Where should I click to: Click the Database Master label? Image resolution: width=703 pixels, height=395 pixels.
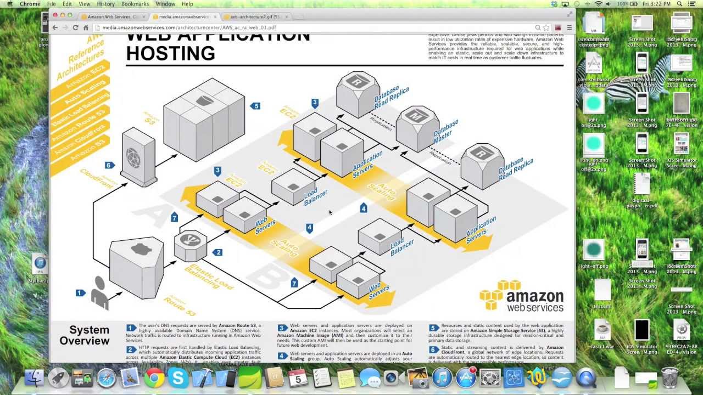coord(446,133)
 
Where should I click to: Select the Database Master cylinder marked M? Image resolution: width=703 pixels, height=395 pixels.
coord(417,128)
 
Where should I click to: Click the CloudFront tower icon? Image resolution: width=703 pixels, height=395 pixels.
coord(138,157)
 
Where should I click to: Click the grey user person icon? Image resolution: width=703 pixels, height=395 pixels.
coord(99,292)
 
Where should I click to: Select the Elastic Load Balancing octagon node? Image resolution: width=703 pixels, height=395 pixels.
coord(190,245)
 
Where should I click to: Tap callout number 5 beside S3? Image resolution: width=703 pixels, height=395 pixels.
coord(255,106)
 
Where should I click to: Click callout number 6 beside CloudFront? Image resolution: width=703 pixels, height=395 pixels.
coord(109,165)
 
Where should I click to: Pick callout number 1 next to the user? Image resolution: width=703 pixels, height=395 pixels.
coord(80,293)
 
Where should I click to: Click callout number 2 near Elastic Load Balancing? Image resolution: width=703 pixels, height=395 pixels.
coord(218,252)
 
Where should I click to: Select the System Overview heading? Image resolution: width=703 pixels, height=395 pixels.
coord(85,335)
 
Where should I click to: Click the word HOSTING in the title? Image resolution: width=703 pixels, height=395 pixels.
coord(170,54)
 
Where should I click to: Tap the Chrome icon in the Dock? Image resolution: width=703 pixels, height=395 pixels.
coord(154,378)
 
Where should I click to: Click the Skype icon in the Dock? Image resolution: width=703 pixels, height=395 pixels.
coord(178,378)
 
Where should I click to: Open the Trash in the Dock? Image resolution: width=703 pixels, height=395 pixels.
coord(669,377)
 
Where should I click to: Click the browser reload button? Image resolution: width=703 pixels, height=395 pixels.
coord(75,27)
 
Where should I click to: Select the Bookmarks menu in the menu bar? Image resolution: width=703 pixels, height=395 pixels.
coord(135,4)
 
